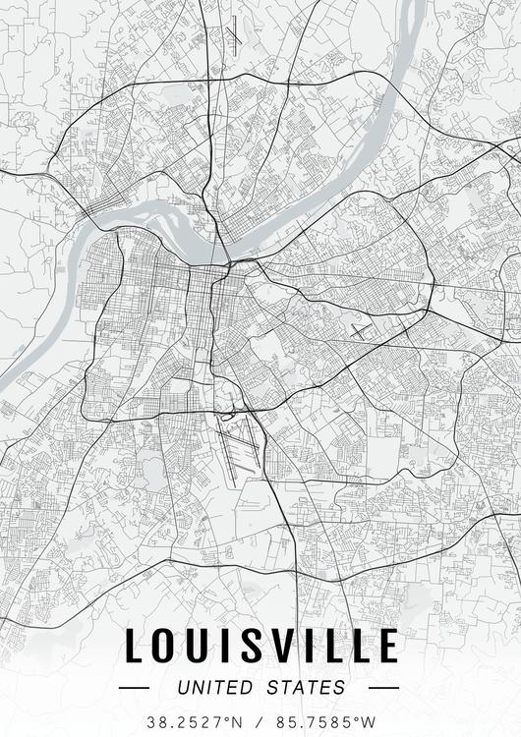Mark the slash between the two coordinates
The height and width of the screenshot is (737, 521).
point(260,721)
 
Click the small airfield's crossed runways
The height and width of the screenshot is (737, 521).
point(362,330)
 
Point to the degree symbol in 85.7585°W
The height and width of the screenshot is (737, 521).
point(360,717)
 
